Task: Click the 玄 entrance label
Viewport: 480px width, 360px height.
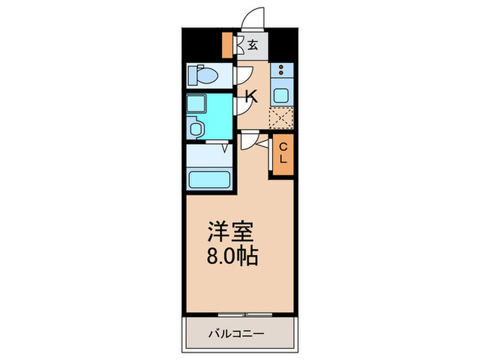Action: point(253,46)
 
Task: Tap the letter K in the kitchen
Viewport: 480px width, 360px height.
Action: point(252,97)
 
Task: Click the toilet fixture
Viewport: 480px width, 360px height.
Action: point(202,75)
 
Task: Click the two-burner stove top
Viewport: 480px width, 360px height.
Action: point(282,69)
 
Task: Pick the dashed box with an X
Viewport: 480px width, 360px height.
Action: point(281,118)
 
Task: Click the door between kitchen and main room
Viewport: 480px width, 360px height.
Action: point(248,140)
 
